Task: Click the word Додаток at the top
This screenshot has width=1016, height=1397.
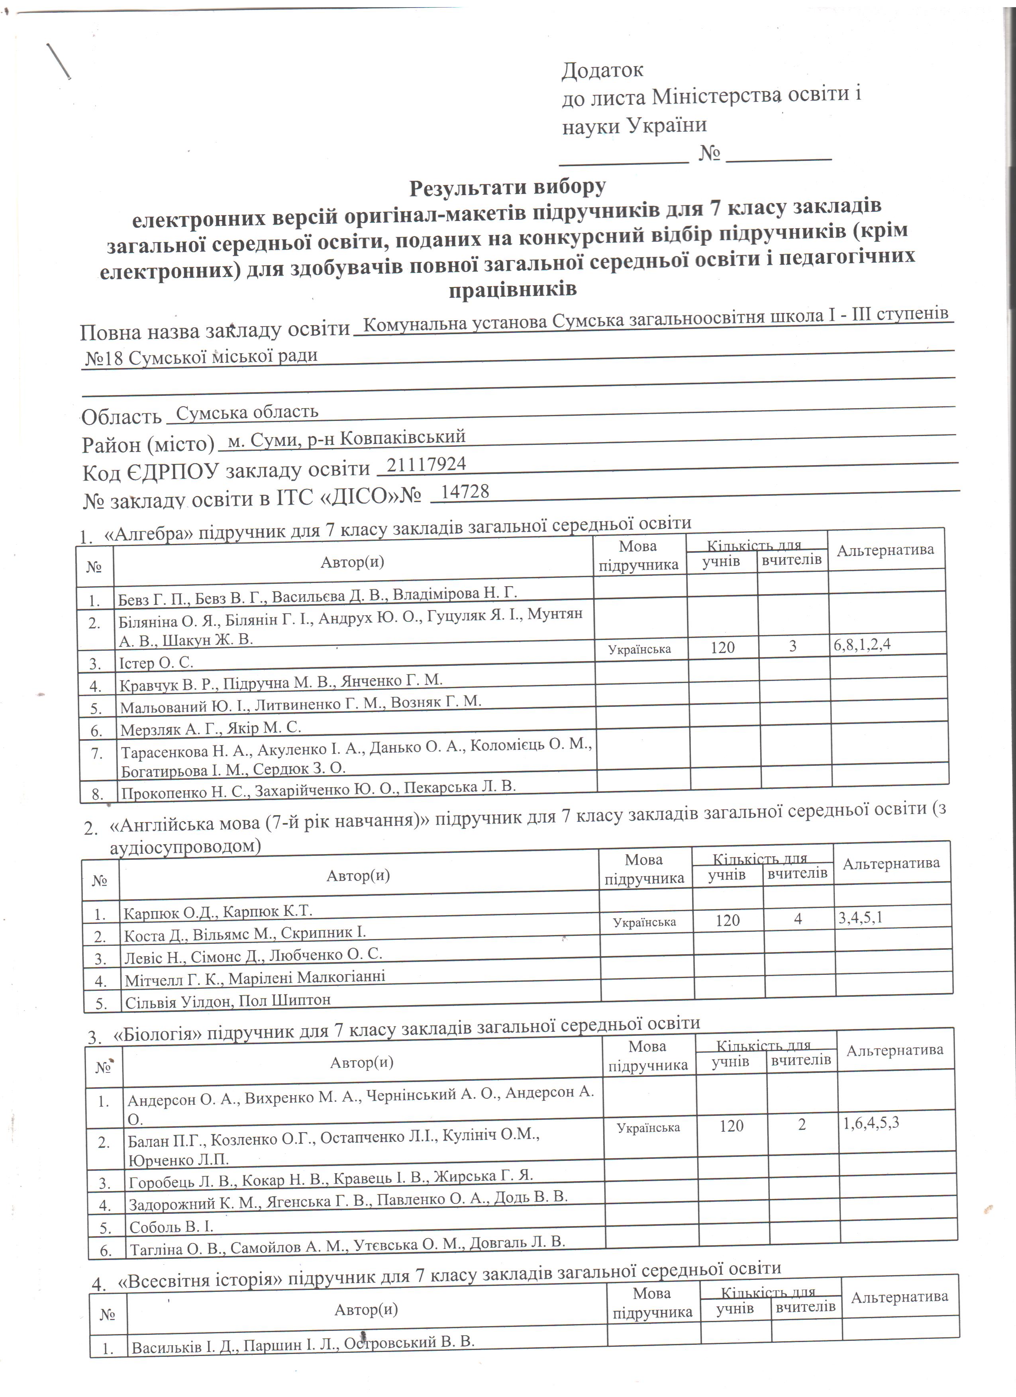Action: pos(602,70)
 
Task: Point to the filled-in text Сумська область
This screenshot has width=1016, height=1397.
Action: pos(247,412)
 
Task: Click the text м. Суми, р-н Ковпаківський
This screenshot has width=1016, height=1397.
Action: pos(346,438)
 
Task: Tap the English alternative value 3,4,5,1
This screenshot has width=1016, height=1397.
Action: pos(861,918)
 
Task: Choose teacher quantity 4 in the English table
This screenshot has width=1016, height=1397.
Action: pos(798,920)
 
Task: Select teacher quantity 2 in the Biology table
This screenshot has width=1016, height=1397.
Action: pos(802,1125)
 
